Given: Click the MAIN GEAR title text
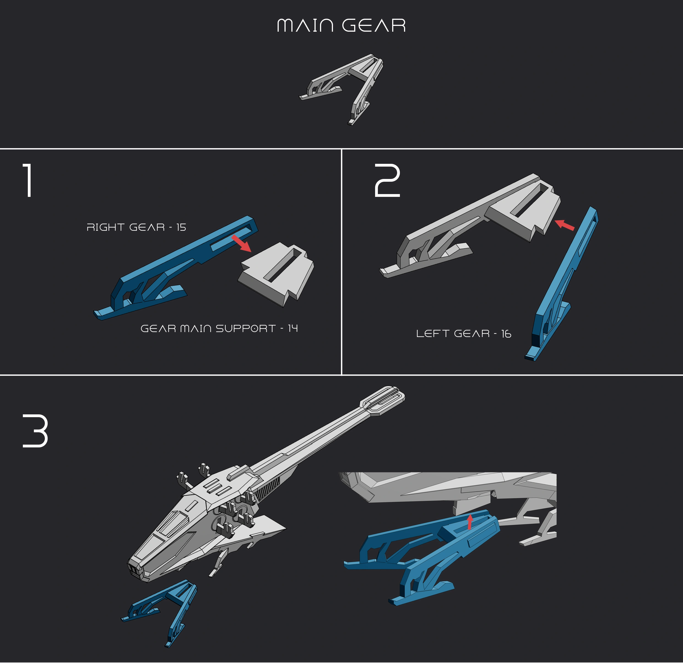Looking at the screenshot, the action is [341, 25].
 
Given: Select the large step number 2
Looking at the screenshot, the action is [387, 180].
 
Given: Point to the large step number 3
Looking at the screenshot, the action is [35, 431].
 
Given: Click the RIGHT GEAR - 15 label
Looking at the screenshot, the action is [136, 227].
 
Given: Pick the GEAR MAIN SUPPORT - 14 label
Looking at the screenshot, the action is [219, 328].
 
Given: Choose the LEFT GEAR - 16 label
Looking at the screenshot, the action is [464, 333].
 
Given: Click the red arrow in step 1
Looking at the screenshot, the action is [242, 243].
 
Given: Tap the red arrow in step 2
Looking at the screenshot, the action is [564, 225].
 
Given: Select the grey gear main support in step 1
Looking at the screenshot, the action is [276, 274].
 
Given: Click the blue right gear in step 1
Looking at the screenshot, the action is [176, 268].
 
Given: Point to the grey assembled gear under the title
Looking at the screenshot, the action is [341, 89].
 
